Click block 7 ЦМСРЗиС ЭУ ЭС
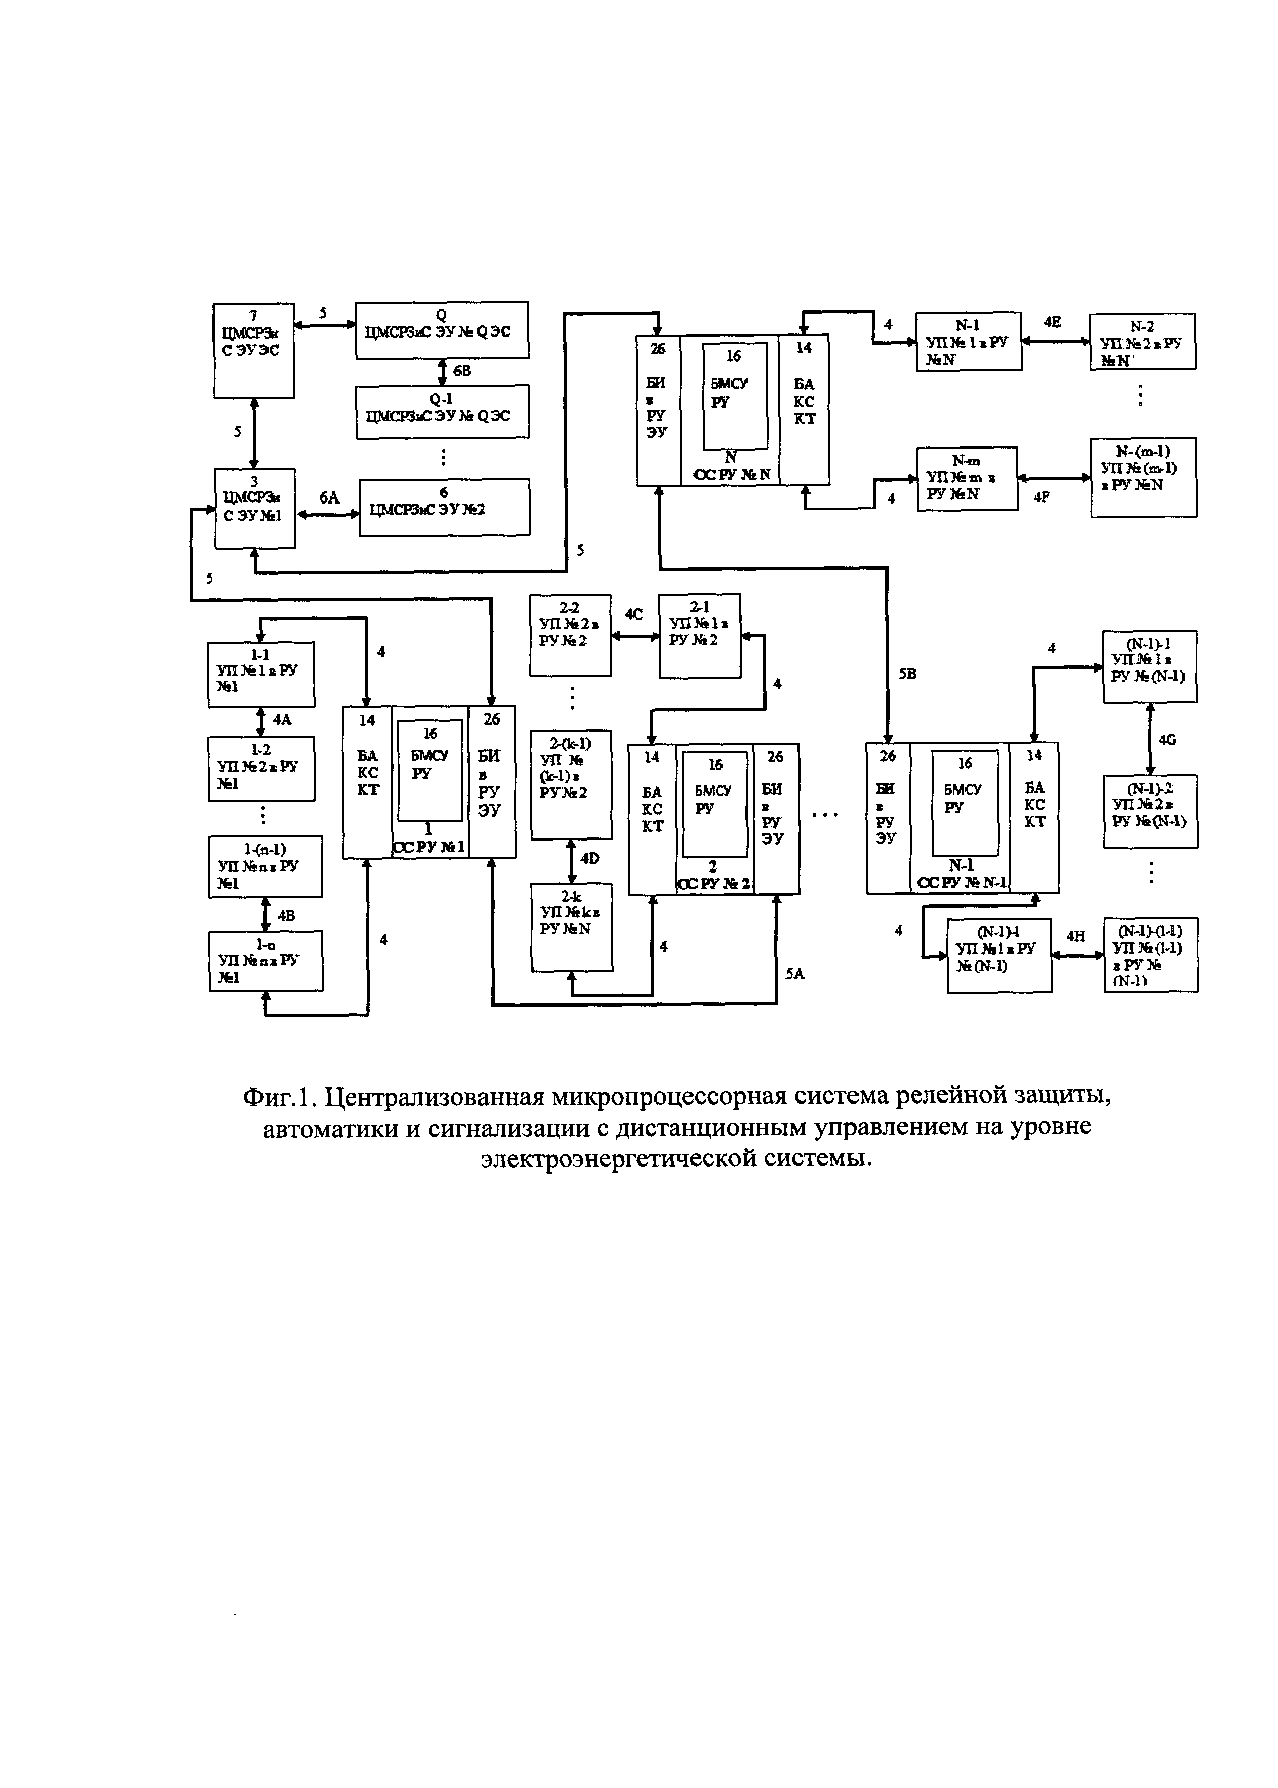click(253, 350)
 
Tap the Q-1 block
click(442, 411)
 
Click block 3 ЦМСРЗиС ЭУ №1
click(254, 508)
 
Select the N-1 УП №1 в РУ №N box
click(968, 342)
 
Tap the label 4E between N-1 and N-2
click(1052, 322)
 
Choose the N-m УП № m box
click(967, 478)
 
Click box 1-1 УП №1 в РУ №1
click(260, 674)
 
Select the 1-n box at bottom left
click(265, 961)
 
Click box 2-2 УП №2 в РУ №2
click(570, 634)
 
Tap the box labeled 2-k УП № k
click(571, 927)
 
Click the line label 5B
click(908, 674)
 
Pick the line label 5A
click(795, 974)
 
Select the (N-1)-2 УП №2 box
click(1150, 811)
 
